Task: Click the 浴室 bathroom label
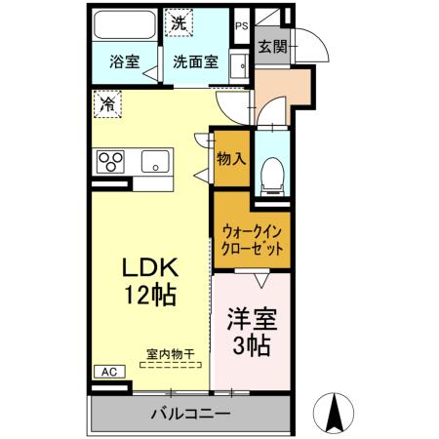coord(124,61)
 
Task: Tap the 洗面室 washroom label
coord(196,61)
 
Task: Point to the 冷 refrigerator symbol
coord(106,101)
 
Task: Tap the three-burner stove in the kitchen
coord(110,160)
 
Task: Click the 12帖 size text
coord(150,298)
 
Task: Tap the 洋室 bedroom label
coord(251,317)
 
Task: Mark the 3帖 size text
coord(251,345)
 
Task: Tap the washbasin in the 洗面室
coord(237,67)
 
